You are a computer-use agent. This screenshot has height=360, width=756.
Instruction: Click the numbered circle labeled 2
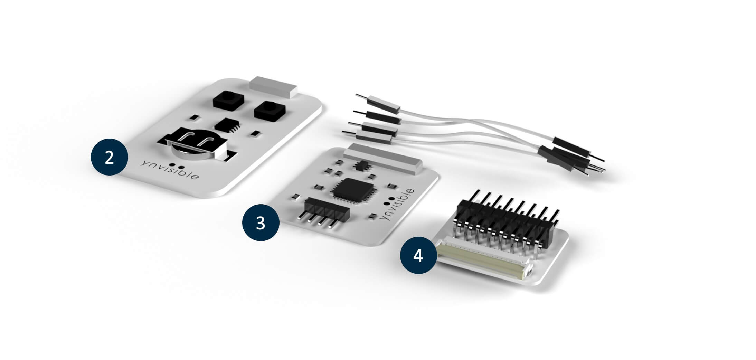click(109, 157)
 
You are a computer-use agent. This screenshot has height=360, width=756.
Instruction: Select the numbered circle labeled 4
click(418, 255)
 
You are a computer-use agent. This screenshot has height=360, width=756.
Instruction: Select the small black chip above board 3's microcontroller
click(361, 165)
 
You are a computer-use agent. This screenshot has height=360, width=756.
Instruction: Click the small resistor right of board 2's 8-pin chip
click(255, 133)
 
